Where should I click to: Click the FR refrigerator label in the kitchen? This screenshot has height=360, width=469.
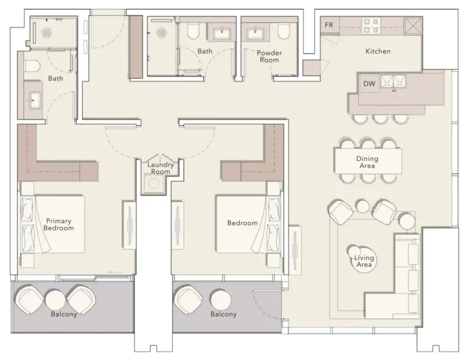(x=329, y=25)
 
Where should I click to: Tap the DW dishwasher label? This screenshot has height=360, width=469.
(x=369, y=84)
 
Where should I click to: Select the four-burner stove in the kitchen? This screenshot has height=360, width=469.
(x=370, y=25)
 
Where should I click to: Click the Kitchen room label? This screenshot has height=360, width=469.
(x=378, y=52)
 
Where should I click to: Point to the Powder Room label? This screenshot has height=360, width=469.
(x=269, y=56)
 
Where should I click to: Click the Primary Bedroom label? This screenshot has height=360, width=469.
(x=59, y=224)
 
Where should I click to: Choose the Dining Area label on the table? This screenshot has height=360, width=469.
(x=368, y=162)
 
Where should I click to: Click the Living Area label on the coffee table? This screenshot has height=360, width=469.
(x=363, y=262)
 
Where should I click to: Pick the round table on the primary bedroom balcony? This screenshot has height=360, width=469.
(x=54, y=299)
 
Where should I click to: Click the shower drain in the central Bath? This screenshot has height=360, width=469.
(x=161, y=34)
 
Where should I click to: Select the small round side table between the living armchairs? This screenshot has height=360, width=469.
(x=363, y=206)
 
